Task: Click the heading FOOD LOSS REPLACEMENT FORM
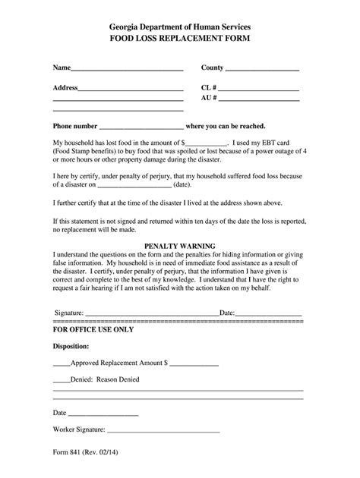[x=180, y=36]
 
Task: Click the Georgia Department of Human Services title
[x=180, y=24]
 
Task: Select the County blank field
[x=263, y=70]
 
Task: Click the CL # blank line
[x=261, y=90]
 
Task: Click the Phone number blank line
[x=141, y=128]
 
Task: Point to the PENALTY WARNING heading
[x=180, y=246]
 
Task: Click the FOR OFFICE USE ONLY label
[x=93, y=331]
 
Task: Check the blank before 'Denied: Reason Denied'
[x=61, y=382]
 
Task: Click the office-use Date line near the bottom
[x=103, y=415]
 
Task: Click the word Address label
[x=65, y=88]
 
